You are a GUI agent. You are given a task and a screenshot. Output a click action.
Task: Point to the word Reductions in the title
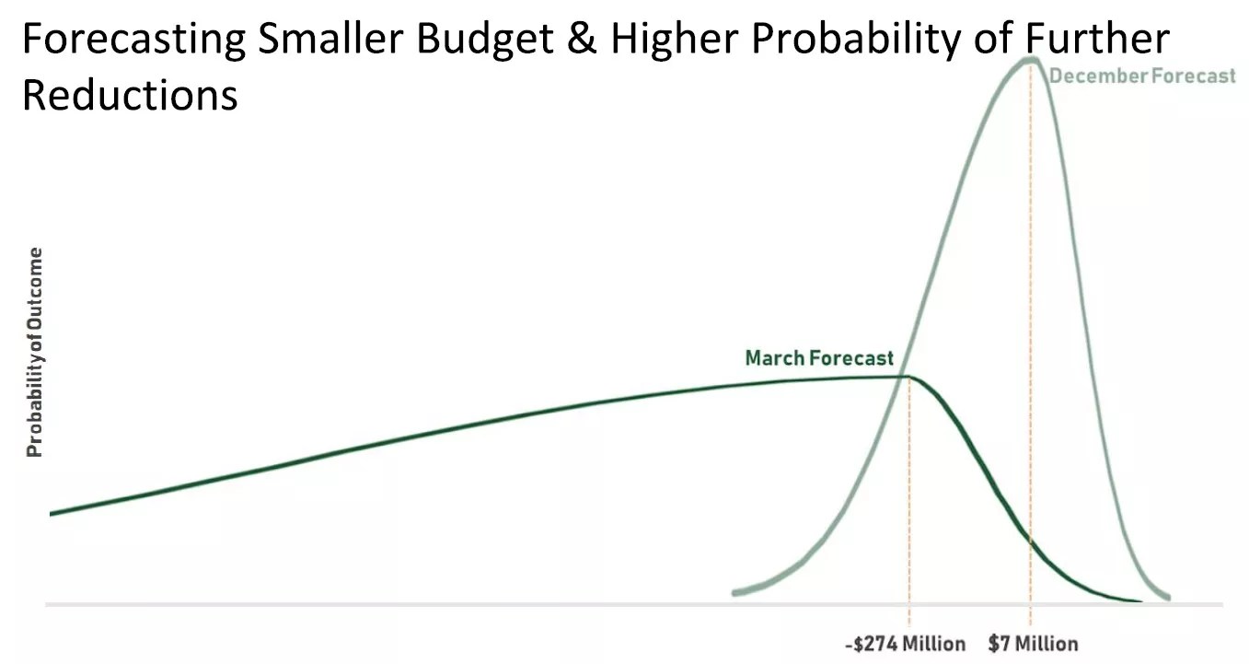[130, 95]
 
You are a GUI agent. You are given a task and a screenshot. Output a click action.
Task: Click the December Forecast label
[1142, 76]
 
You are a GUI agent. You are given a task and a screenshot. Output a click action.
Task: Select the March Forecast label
[819, 357]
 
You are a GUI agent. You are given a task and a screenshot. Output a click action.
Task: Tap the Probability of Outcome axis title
[35, 353]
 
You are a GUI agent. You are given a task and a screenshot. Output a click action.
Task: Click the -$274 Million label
[905, 643]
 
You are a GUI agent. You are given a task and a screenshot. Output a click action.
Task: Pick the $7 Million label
[1033, 643]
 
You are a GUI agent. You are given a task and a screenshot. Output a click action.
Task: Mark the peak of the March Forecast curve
[907, 376]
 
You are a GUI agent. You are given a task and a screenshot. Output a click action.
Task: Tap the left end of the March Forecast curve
[52, 513]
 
